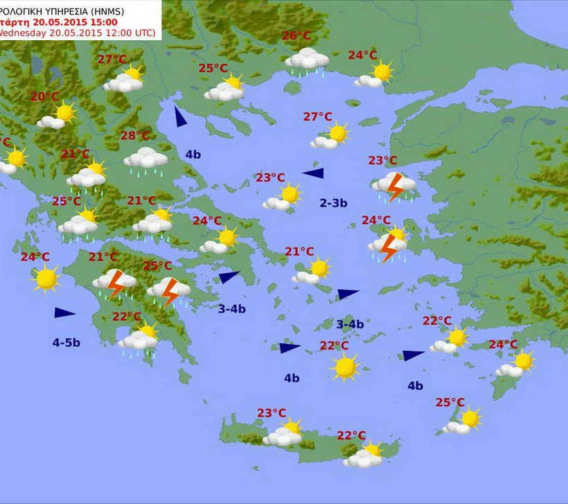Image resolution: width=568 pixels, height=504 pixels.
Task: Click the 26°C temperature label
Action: (296, 36)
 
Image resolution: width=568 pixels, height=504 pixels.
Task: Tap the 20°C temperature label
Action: (44, 96)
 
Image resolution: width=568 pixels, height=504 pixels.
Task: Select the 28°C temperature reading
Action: (135, 136)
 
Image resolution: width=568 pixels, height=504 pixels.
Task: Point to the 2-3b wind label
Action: (333, 203)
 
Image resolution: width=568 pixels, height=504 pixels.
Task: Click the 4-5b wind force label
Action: (66, 342)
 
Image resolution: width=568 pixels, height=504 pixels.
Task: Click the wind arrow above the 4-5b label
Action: (64, 313)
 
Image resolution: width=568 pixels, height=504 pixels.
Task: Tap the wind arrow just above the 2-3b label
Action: (313, 173)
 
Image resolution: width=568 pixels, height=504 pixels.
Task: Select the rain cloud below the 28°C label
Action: (145, 159)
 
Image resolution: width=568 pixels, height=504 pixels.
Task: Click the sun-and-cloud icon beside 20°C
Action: (57, 116)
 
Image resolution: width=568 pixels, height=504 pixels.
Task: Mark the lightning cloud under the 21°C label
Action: (115, 282)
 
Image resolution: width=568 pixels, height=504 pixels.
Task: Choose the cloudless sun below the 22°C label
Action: (344, 366)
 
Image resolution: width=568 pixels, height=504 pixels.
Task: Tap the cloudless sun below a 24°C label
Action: (46, 278)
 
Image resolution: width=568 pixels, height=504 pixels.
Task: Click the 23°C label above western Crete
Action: (272, 413)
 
